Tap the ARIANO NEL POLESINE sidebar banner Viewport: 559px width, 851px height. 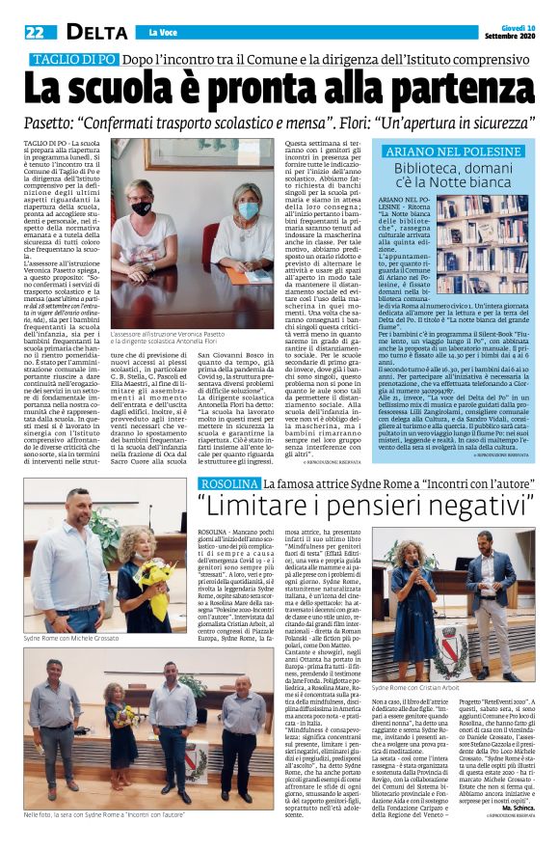453,151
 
